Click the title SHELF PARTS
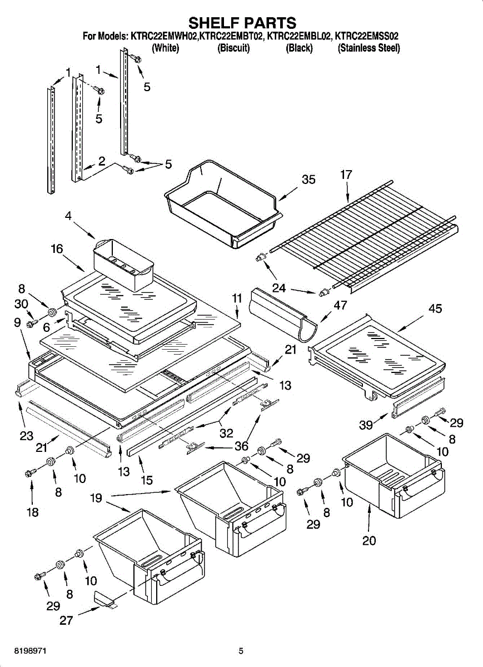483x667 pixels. coord(243,23)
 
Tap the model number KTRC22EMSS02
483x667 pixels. coord(367,37)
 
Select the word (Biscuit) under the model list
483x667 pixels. coord(233,48)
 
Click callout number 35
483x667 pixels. coord(308,180)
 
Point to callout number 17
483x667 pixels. coord(346,175)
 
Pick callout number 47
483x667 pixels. coord(340,305)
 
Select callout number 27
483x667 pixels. coord(66,620)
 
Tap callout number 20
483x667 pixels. coord(369,540)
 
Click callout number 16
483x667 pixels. coord(57,248)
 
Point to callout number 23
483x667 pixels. coord(26,436)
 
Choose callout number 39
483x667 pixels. coord(366,425)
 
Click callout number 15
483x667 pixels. coord(147,480)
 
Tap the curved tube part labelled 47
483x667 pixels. coord(282,315)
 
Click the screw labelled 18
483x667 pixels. coord(31,472)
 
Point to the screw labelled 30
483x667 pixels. coord(33,323)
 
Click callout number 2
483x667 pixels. coord(102,161)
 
